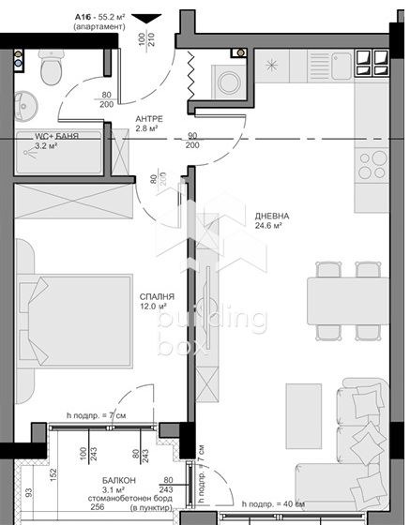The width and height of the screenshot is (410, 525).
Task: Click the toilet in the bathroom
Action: click(53, 67)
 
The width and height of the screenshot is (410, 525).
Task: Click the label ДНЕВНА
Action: click(272, 216)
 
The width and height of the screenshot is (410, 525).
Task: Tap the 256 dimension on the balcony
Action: click(97, 507)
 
